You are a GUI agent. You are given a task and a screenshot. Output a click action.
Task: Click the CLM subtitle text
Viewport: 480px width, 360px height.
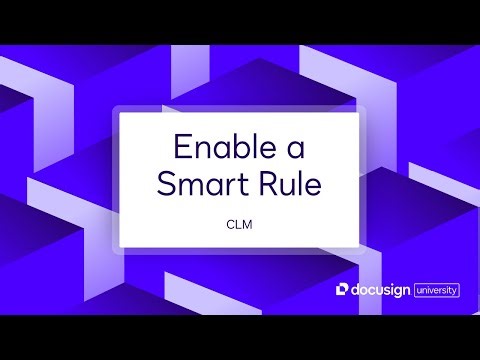240,225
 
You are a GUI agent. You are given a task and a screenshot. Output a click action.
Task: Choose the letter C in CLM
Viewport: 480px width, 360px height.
231,225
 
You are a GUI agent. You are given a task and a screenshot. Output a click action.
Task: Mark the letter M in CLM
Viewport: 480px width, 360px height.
249,225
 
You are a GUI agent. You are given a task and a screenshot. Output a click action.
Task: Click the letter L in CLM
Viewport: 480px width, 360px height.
240,225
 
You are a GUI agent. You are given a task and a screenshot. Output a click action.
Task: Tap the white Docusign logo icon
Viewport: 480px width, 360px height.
343,290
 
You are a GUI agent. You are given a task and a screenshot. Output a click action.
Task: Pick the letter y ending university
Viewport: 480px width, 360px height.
455,292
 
